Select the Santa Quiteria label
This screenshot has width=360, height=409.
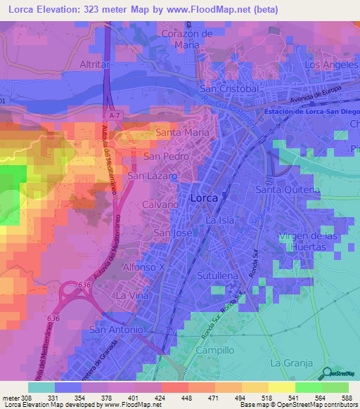coord(287,190)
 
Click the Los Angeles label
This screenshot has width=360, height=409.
coord(328,65)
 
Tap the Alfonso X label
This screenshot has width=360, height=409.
coord(143,268)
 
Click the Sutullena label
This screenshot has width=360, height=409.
coord(219,276)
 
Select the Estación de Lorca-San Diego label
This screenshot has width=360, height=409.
coord(311,111)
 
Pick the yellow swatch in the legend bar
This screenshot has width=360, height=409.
coord(282,387)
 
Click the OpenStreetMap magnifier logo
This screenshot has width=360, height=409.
coord(328,374)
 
